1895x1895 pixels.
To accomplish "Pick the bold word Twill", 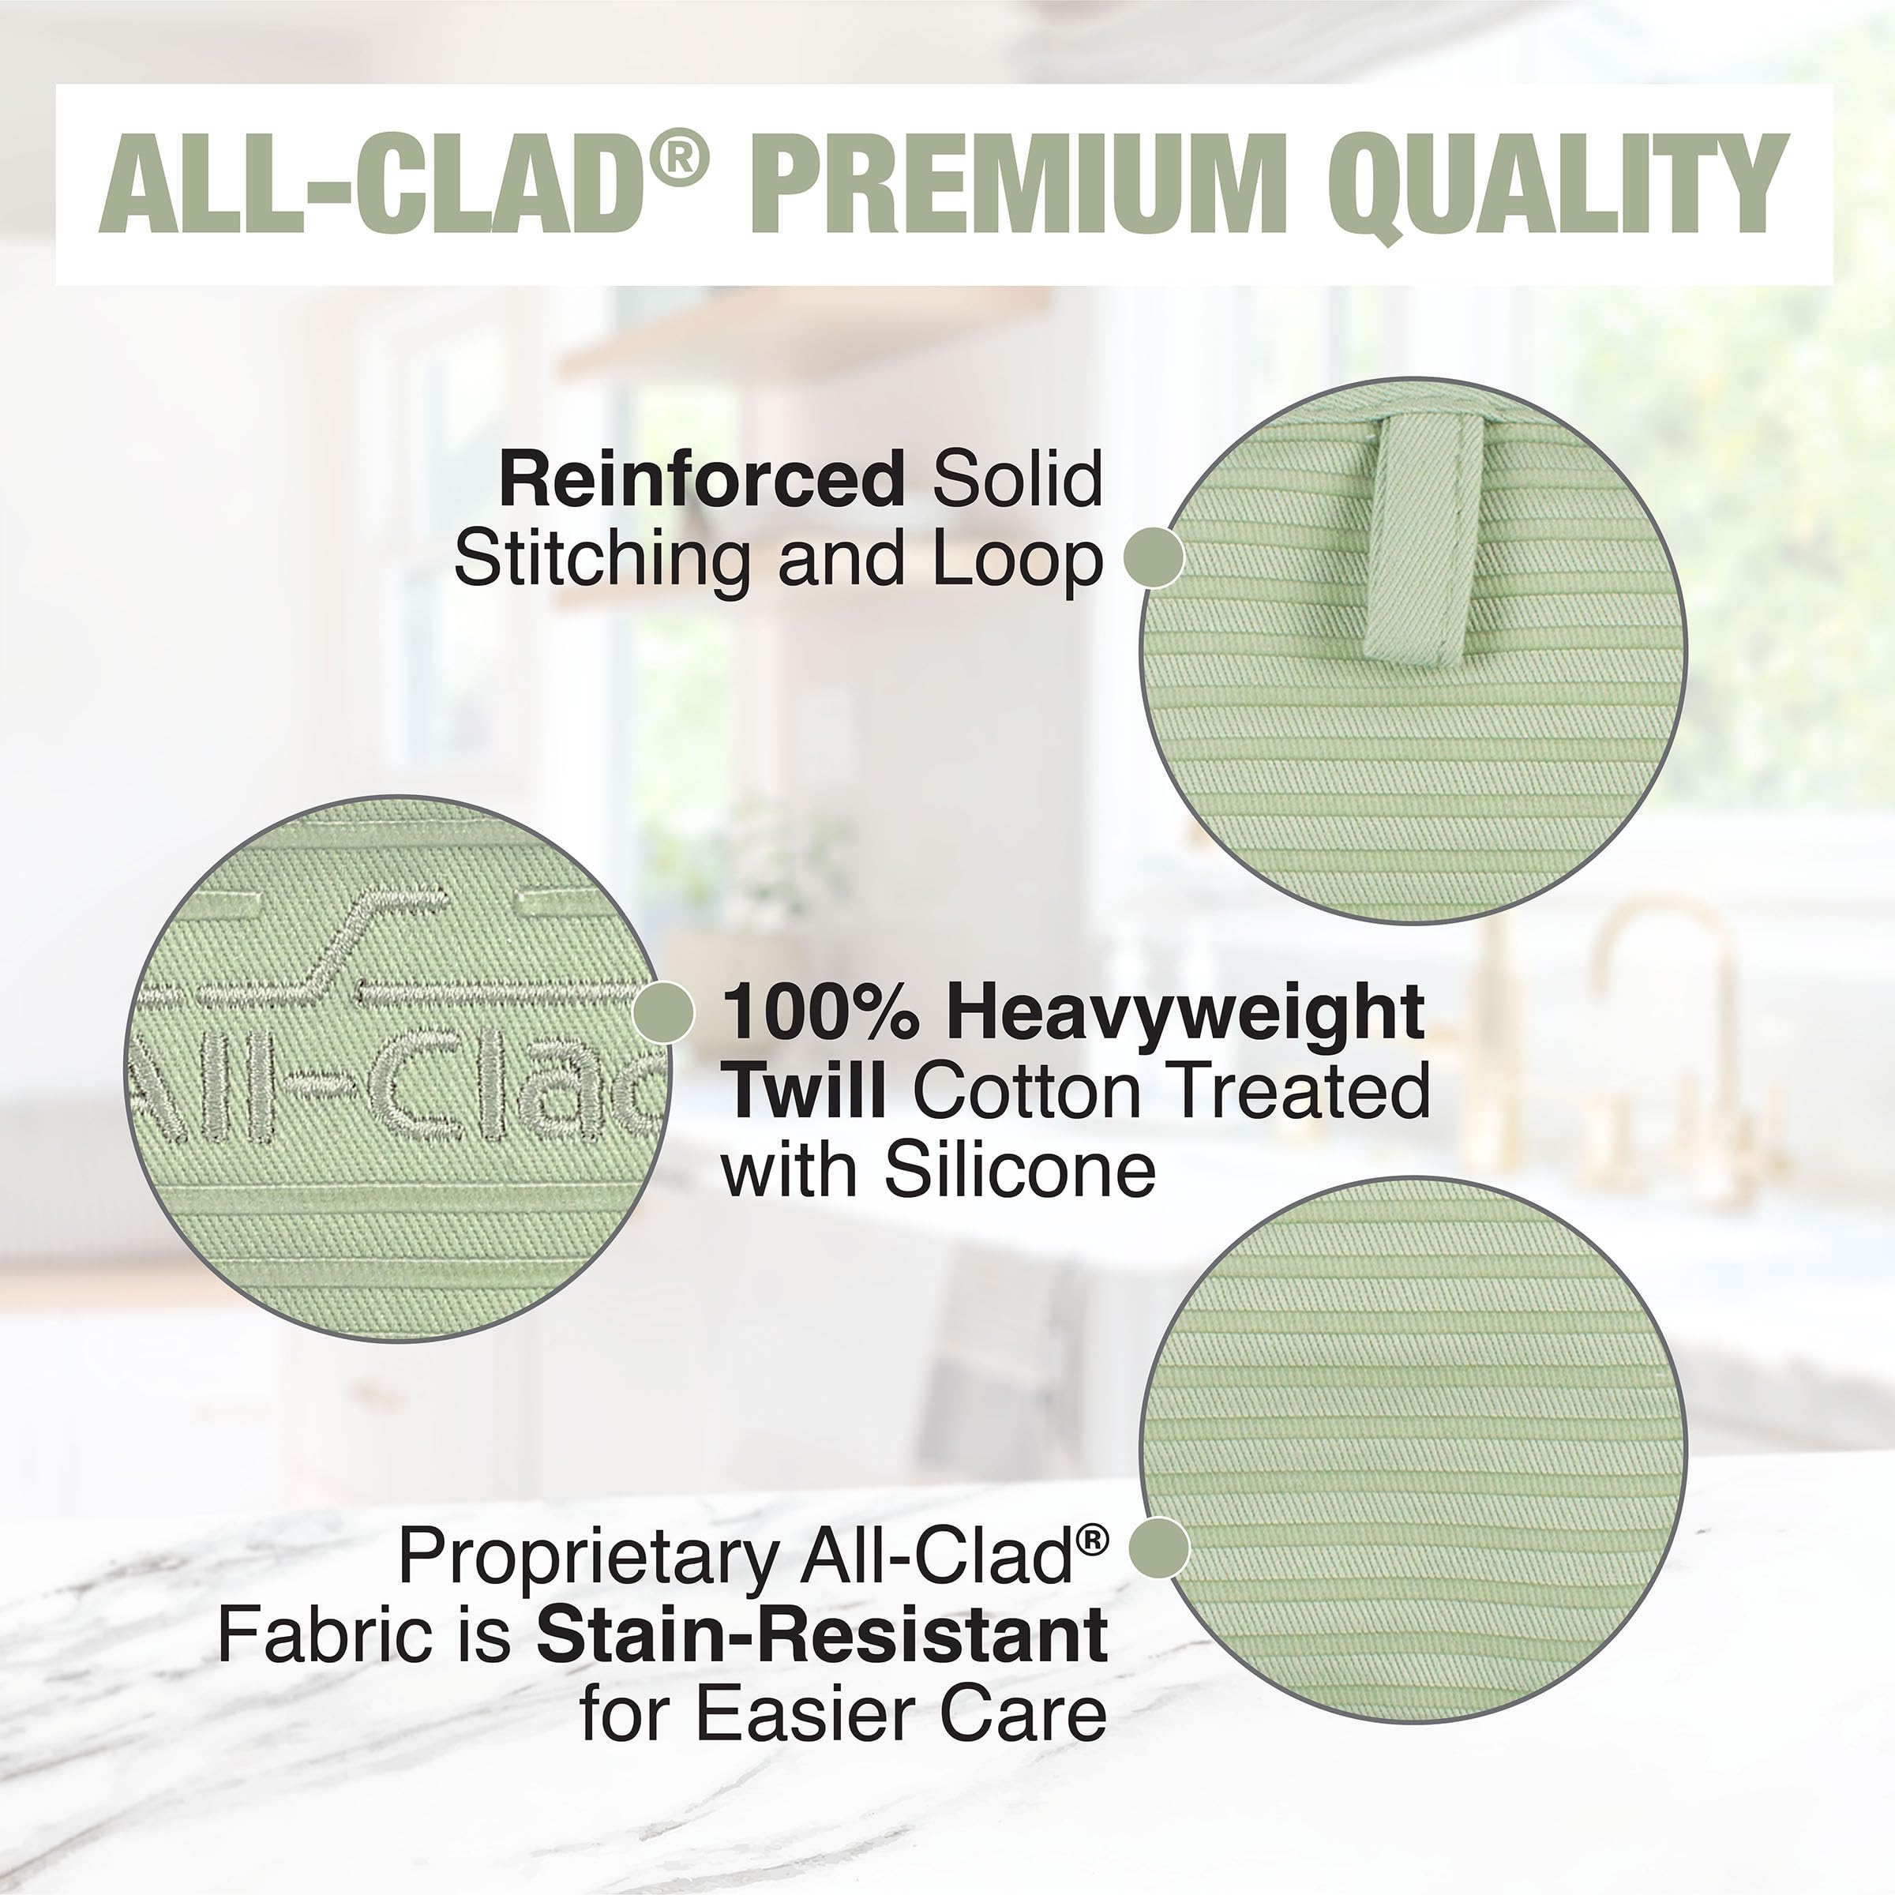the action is click(806, 1092).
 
